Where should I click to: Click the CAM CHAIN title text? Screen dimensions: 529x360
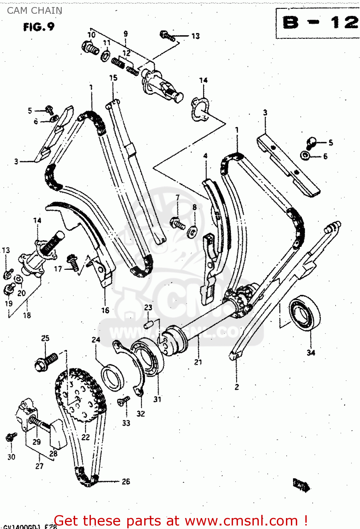(x=35, y=11)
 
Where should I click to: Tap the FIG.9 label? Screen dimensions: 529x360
(x=39, y=27)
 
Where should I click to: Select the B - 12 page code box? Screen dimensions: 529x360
(x=317, y=23)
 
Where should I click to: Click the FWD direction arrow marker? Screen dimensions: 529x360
(x=301, y=485)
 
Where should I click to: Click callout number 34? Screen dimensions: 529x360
(x=311, y=352)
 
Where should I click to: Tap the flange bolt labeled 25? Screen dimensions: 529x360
(x=46, y=362)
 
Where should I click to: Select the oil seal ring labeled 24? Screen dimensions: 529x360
(x=112, y=377)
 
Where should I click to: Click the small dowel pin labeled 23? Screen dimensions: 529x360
(x=149, y=323)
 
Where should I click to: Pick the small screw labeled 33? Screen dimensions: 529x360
(x=124, y=401)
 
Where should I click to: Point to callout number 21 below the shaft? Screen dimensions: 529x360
(x=198, y=362)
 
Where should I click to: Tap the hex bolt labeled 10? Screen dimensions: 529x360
(x=90, y=48)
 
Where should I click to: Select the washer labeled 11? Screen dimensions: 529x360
(x=105, y=56)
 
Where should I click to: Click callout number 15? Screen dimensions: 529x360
(x=113, y=78)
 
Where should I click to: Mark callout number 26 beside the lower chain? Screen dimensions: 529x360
(x=126, y=481)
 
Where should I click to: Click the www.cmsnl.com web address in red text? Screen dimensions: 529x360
(x=242, y=521)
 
